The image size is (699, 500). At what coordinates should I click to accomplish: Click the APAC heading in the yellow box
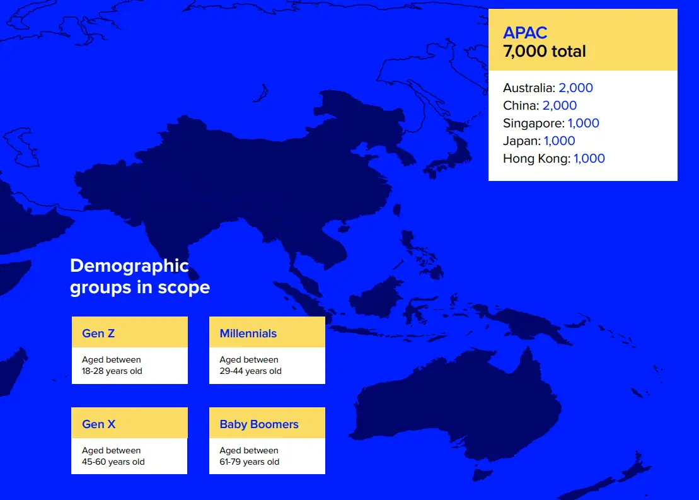pos(524,33)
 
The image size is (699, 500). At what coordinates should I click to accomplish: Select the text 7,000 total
pos(545,51)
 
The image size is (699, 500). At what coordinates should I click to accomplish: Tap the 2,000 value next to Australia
pos(575,88)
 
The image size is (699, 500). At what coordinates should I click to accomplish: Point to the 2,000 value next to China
pos(560,106)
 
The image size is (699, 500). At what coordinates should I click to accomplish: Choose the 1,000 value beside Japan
pos(560,141)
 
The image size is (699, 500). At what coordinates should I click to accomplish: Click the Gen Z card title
pos(98,333)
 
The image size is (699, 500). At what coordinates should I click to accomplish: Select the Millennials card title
pos(248,333)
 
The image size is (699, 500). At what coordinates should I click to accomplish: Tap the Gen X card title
pos(99,424)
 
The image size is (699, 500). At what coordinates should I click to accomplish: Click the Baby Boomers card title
pos(259,424)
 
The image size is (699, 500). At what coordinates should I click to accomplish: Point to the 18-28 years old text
pos(112,371)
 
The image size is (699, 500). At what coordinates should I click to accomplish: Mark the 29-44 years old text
pos(250,371)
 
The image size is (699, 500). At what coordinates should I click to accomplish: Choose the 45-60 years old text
pos(113,462)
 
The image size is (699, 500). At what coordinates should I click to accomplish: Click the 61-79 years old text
pos(250,462)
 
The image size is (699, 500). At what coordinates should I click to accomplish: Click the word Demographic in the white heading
pos(129,266)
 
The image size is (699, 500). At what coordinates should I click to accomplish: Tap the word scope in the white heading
pos(183,288)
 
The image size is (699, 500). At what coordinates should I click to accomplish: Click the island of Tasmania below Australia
pos(483,475)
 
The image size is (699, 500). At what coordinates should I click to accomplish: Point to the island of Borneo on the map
pos(377,296)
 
